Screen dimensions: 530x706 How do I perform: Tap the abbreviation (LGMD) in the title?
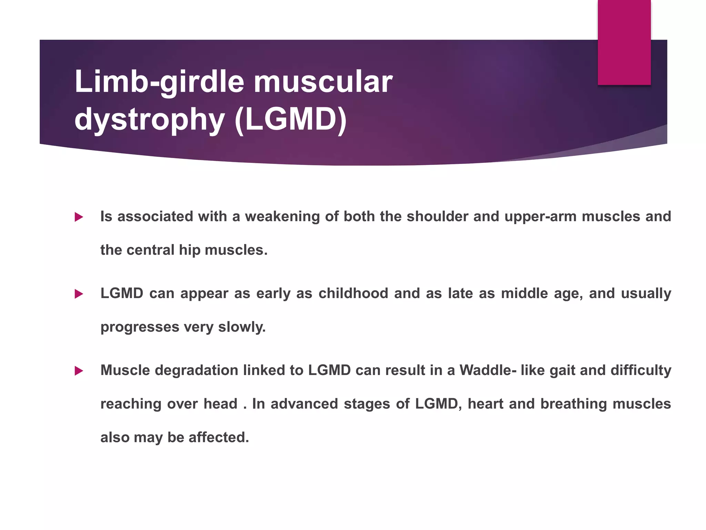point(291,119)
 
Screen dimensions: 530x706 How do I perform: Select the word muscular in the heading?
point(323,82)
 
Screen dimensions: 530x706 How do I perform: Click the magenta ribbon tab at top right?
point(624,42)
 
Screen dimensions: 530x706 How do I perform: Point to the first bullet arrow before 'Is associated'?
point(79,217)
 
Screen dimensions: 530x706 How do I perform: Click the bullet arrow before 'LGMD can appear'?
point(79,294)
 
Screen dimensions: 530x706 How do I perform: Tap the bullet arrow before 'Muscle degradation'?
point(79,371)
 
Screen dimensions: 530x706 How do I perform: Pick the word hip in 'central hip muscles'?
point(189,250)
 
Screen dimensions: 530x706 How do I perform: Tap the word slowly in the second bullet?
point(242,327)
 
